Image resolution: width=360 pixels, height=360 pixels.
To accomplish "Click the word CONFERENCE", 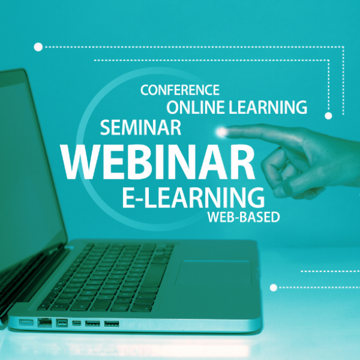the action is coord(180,90).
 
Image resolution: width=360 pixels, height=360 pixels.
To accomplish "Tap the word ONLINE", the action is coord(196,107).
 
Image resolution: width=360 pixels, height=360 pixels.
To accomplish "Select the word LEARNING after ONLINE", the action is coord(268,107).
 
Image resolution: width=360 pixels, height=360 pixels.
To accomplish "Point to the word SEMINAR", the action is coord(140,127).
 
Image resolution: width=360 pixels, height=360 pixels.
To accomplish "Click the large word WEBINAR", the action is coord(157,162).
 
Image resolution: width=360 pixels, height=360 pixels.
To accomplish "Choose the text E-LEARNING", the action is coord(193,197).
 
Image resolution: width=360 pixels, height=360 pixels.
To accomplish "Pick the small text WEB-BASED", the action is coord(244,217).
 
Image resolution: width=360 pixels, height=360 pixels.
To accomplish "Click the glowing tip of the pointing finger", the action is coord(221,131).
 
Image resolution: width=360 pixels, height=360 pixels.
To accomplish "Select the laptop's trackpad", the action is coord(214,273).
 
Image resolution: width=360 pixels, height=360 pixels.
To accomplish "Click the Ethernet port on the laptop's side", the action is coord(44,322).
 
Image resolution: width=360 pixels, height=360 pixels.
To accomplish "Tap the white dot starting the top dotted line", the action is coord(38,47).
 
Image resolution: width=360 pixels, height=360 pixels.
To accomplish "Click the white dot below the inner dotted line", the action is coord(329,116).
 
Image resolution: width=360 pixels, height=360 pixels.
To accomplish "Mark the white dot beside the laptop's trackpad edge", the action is coord(274,287).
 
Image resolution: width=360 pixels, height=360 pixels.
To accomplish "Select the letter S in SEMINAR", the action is coord(105,127).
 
